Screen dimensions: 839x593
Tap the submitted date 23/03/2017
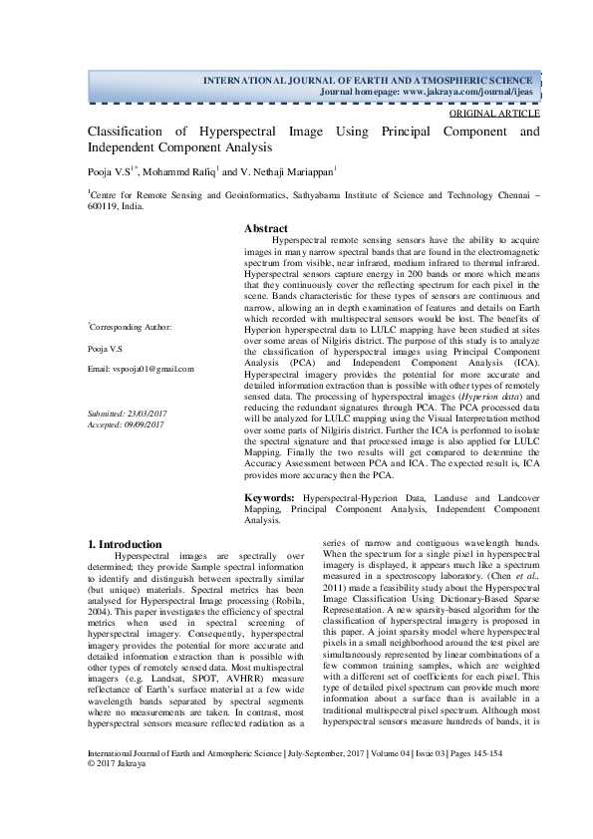tap(148, 412)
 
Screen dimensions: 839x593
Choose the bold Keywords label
tap(271, 495)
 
